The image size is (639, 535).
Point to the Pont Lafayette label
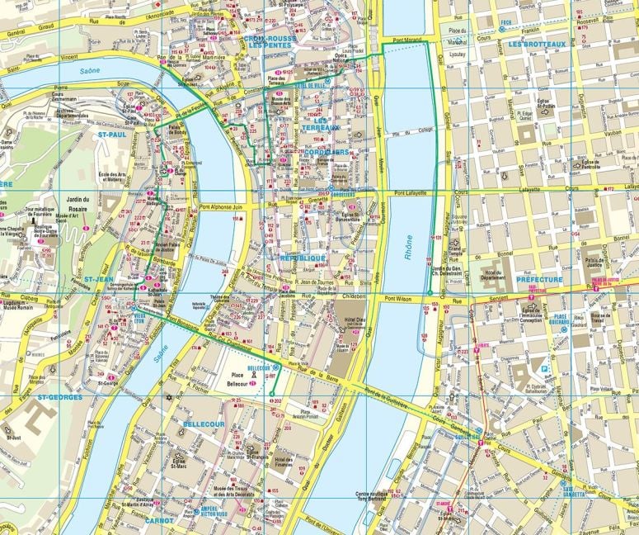click(x=410, y=193)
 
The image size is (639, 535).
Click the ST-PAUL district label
click(x=113, y=133)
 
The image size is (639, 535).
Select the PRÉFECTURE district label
click(x=539, y=280)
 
